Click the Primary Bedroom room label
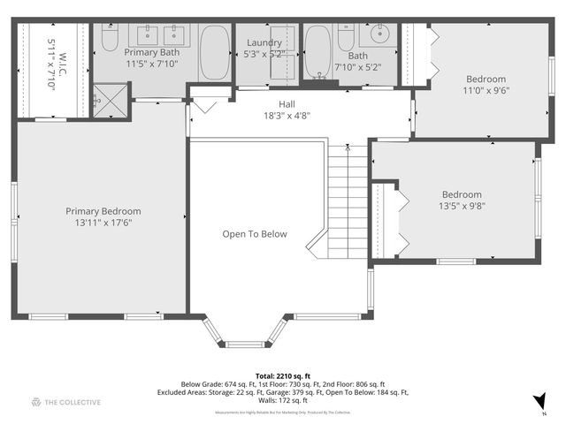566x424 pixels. pyautogui.click(x=103, y=211)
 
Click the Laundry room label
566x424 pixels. pyautogui.click(x=264, y=42)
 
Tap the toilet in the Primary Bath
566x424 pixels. pyautogui.click(x=110, y=41)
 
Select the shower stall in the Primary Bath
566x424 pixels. pyautogui.click(x=111, y=98)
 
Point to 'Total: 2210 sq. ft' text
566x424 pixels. pyautogui.click(x=282, y=375)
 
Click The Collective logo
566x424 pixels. pyautogui.click(x=66, y=402)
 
